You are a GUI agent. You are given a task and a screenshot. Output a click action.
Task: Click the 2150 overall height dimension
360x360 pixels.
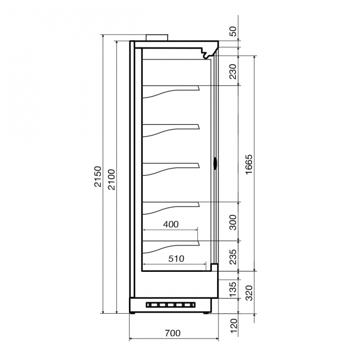(98, 176)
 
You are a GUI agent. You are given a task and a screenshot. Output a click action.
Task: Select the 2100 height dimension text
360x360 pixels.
(112, 179)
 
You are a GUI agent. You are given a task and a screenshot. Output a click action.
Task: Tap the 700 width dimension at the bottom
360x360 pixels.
(173, 333)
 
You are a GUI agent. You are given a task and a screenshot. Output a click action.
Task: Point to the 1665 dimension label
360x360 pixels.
(248, 164)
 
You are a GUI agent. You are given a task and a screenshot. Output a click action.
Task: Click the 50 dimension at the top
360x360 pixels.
(233, 31)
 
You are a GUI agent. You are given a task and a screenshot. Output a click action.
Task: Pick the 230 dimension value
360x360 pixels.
(233, 71)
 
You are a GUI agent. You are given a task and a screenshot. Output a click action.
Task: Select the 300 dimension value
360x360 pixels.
(233, 222)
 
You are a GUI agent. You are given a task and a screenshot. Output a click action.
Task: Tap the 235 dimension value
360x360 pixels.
(233, 257)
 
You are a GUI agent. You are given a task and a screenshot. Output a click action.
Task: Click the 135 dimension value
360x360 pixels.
(233, 290)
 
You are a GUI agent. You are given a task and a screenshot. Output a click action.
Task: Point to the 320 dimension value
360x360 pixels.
(249, 293)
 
